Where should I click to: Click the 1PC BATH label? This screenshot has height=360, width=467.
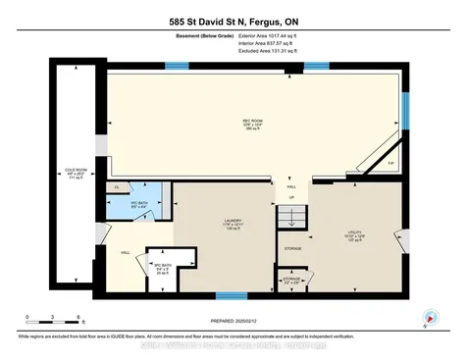point(139,205)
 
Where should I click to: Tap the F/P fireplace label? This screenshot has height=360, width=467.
point(391,162)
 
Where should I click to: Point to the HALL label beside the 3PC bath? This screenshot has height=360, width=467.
point(126,251)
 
